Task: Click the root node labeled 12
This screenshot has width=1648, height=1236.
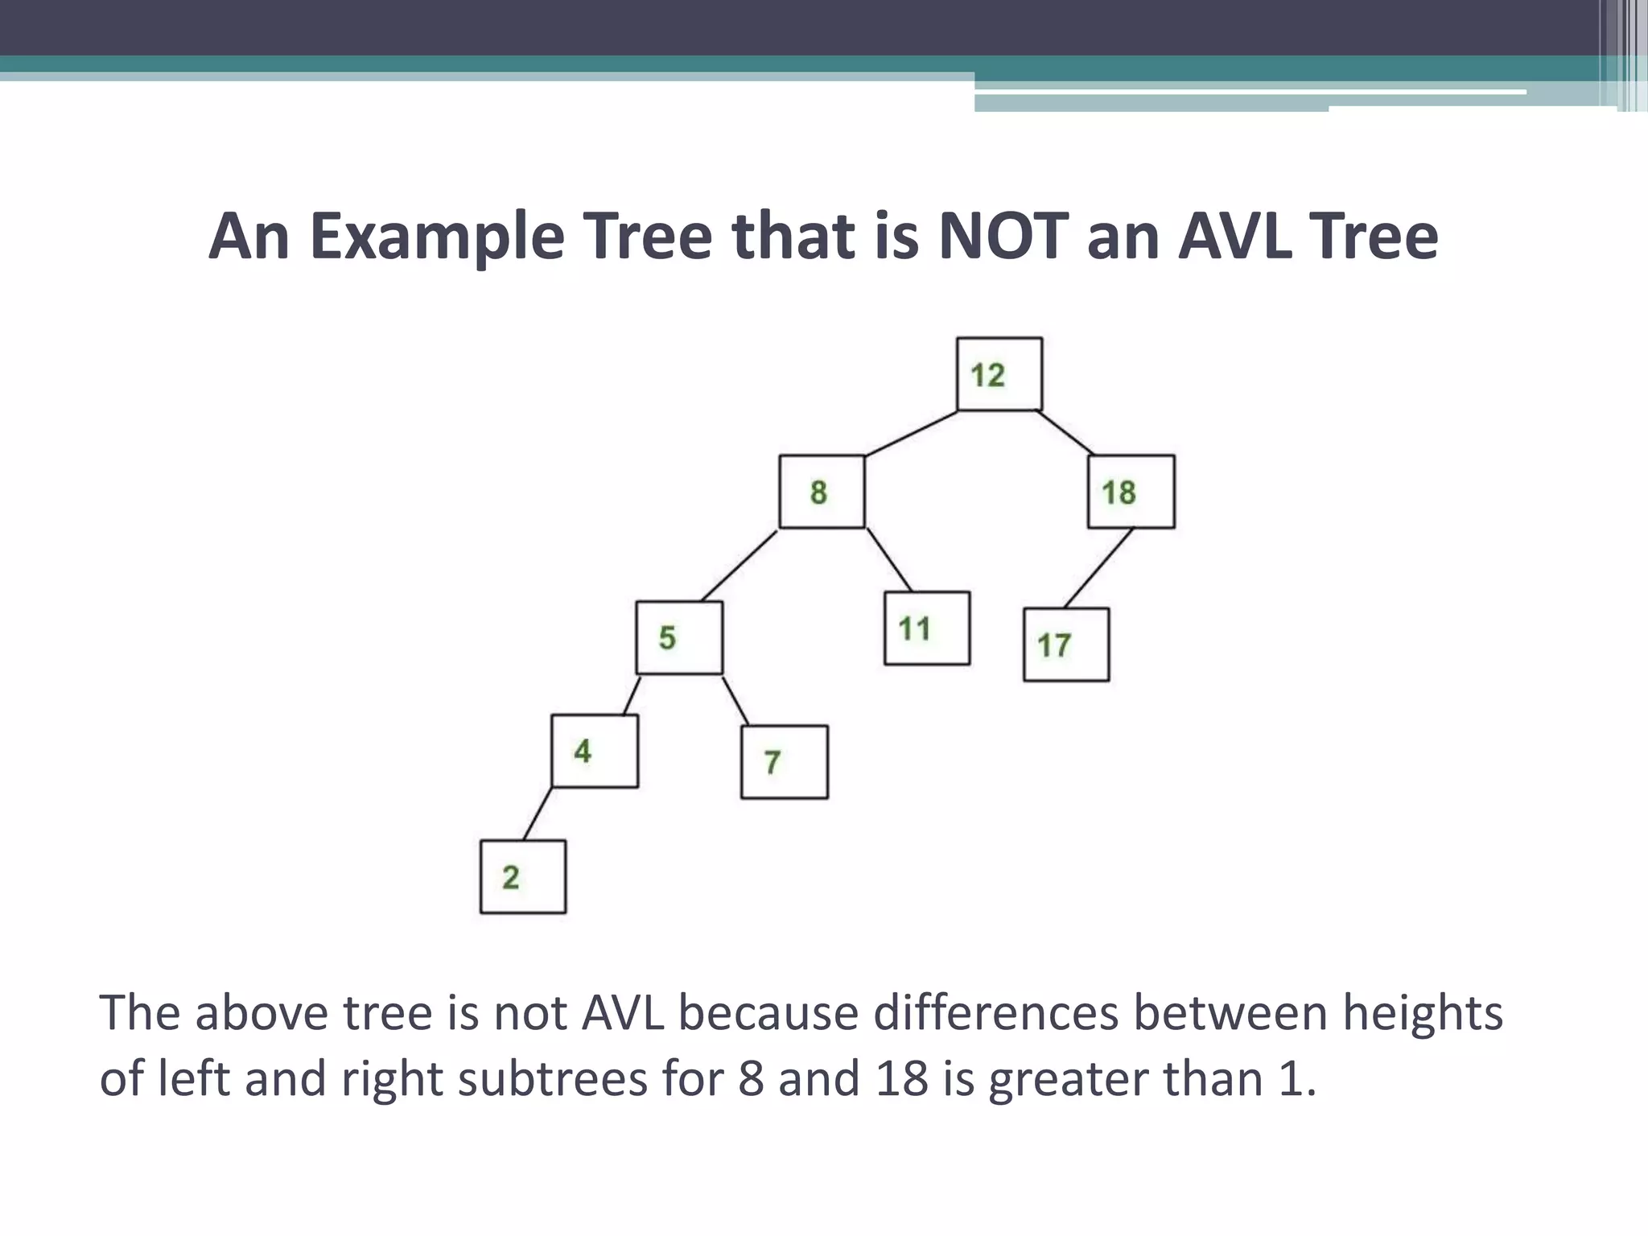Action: click(999, 374)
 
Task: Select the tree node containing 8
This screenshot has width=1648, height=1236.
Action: click(822, 492)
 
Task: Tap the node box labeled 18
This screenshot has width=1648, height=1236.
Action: click(1131, 492)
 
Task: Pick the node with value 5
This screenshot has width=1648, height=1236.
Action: click(679, 637)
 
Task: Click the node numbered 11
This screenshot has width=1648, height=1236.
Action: click(926, 628)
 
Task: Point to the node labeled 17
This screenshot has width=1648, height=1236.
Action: click(1065, 645)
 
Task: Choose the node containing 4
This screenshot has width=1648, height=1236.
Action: click(595, 751)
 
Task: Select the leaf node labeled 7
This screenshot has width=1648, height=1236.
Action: click(784, 762)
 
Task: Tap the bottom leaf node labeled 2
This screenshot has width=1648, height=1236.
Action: click(522, 876)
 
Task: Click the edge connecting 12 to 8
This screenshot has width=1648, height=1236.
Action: click(911, 434)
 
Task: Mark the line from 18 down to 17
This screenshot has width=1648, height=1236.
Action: click(1098, 568)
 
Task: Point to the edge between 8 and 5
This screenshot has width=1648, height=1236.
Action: click(739, 566)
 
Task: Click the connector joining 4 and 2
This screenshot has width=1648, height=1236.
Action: click(538, 814)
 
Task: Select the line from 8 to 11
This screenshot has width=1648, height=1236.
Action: click(889, 560)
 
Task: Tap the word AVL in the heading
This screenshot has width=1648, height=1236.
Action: click(1236, 236)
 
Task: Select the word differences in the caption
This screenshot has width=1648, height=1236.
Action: click(996, 1012)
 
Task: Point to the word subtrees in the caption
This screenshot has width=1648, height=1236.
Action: click(552, 1078)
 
